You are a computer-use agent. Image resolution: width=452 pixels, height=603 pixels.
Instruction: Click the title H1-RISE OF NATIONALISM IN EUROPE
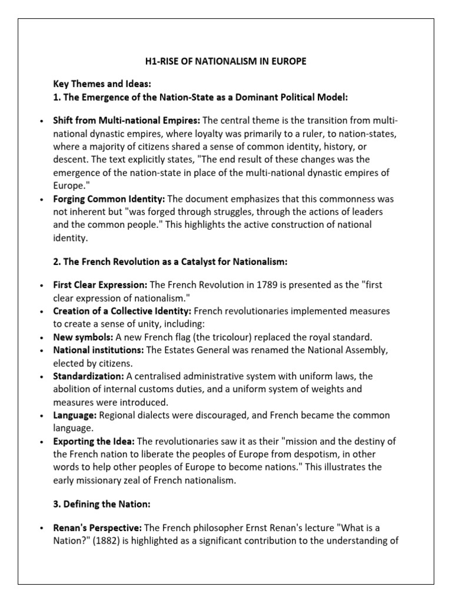[225, 61]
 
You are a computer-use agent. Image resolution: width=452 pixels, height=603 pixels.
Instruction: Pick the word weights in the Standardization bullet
[343, 389]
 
